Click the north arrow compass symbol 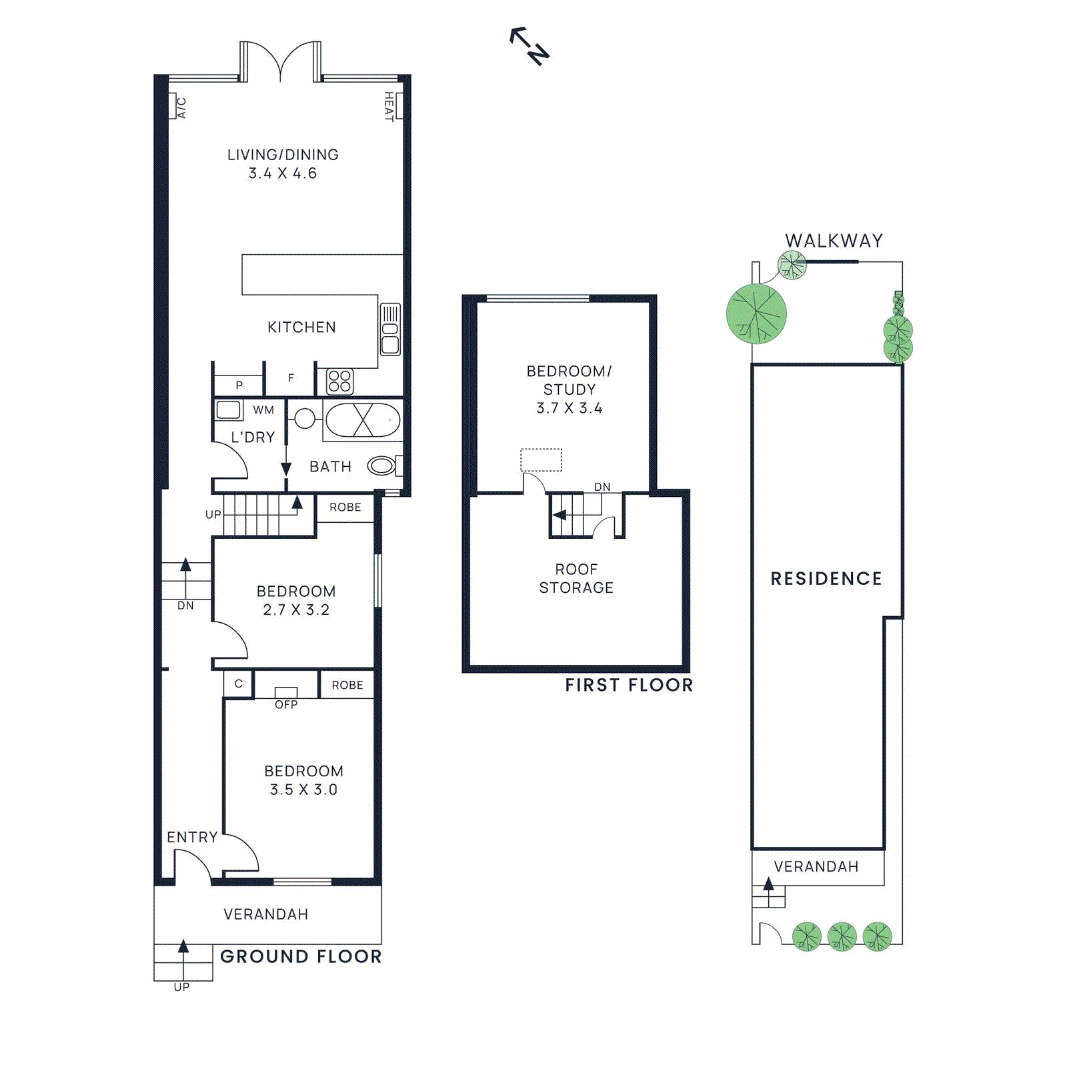tap(529, 45)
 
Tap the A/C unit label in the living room tap(181, 107)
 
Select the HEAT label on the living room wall tap(389, 107)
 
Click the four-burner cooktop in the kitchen tap(339, 381)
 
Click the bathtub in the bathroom tap(363, 420)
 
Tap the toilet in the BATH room tap(381, 465)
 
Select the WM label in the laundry tap(263, 410)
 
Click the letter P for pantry tap(239, 385)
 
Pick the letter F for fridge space tap(291, 378)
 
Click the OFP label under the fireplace tap(286, 704)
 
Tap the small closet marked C tap(238, 684)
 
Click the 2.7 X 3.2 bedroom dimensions tap(296, 610)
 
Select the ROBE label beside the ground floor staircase tap(345, 507)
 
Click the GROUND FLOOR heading tap(301, 956)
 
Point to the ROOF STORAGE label tap(576, 578)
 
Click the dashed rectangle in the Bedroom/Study tap(541, 459)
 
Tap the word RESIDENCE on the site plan tap(826, 578)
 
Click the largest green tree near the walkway tap(756, 313)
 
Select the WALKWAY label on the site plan tap(834, 241)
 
